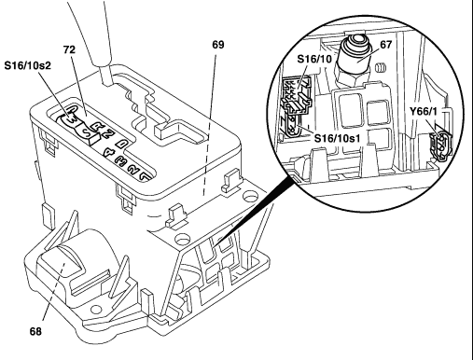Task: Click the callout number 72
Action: tap(69, 49)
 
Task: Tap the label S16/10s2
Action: tap(27, 65)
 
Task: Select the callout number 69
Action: tap(218, 45)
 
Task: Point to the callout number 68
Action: tap(35, 331)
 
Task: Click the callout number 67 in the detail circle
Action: tap(385, 45)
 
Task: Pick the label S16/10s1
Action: tap(337, 138)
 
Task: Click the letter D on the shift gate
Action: tap(121, 144)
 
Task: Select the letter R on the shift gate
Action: tap(97, 127)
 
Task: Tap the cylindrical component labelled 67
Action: tap(355, 59)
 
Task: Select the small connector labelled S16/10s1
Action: tap(292, 127)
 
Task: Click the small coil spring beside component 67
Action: tap(381, 67)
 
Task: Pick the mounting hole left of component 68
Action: tap(96, 309)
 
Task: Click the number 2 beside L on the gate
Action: tap(134, 169)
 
